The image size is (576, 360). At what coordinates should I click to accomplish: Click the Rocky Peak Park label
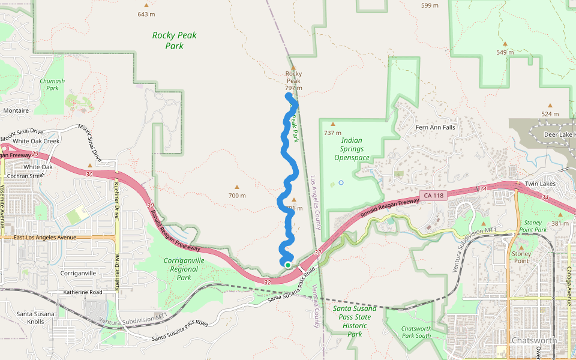[174, 40]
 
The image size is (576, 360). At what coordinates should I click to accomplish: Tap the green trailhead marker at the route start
[288, 265]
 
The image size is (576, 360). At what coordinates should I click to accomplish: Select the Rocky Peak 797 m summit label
[293, 80]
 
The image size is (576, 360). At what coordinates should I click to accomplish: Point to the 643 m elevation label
[146, 14]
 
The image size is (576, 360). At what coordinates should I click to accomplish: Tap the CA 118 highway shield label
[433, 195]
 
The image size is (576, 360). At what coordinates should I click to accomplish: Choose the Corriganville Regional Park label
[184, 269]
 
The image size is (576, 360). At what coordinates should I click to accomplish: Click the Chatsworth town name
[533, 340]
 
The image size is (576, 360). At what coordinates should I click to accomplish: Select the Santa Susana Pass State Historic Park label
[355, 321]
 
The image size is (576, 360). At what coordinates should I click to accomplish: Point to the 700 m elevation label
[237, 196]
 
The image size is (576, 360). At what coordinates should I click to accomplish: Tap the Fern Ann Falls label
[436, 127]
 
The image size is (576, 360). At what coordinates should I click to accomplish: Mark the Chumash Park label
[52, 85]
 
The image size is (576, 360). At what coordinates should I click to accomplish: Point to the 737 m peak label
[332, 133]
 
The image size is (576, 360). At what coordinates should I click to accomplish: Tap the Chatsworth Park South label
[415, 332]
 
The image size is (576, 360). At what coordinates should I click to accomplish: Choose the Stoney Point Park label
[532, 226]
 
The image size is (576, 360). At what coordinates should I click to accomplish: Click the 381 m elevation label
[560, 223]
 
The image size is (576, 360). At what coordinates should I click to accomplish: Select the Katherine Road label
[83, 292]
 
